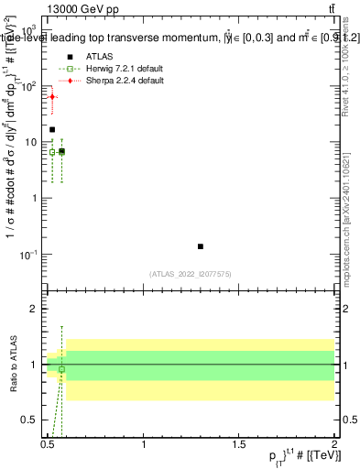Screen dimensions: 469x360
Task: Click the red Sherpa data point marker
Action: click(52, 96)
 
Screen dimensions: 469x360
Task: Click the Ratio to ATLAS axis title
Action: click(13, 364)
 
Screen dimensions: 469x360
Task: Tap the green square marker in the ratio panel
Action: click(61, 369)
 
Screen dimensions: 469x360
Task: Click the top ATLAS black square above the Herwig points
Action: click(52, 130)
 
